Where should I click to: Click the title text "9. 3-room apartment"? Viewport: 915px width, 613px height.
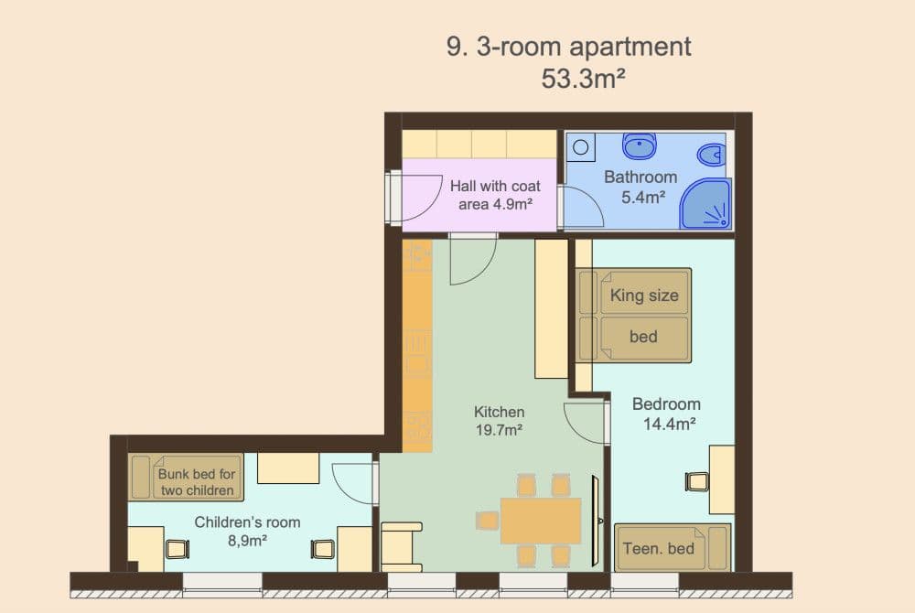click(x=568, y=47)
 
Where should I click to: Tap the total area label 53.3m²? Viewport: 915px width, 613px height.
click(x=583, y=79)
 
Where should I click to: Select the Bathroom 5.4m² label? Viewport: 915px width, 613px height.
click(x=640, y=186)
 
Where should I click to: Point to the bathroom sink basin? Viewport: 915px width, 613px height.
click(x=640, y=145)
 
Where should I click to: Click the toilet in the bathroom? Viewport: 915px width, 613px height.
click(x=710, y=153)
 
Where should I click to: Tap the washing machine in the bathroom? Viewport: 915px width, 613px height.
click(x=581, y=145)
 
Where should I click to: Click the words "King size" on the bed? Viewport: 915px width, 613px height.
click(x=643, y=296)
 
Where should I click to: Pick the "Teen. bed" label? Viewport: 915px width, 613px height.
click(x=658, y=549)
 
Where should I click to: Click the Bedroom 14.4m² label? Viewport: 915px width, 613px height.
click(x=666, y=413)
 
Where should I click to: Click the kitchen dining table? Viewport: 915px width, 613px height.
click(x=540, y=521)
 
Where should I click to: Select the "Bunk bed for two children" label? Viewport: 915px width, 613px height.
click(x=197, y=482)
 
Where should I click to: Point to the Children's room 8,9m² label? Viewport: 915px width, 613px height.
click(x=247, y=531)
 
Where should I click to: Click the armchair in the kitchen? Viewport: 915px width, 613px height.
click(x=401, y=546)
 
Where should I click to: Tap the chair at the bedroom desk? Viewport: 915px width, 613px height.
click(x=697, y=481)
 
